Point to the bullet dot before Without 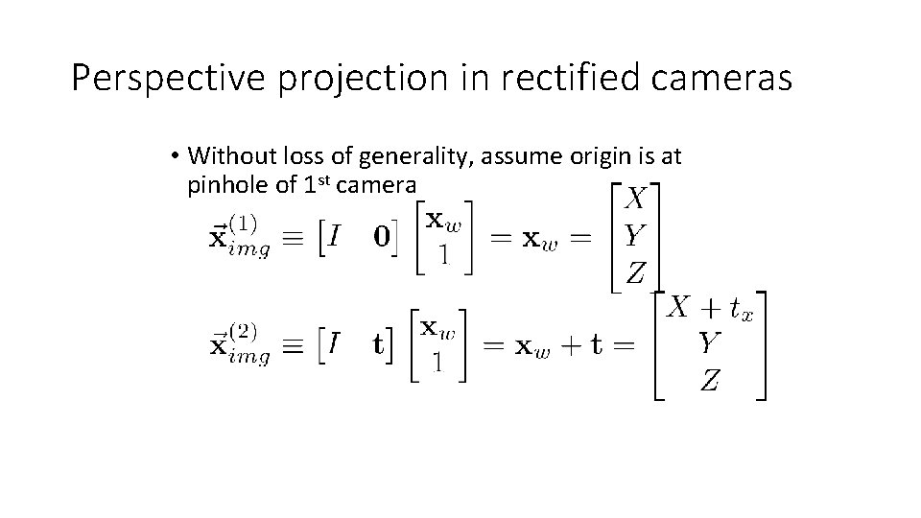click(x=177, y=155)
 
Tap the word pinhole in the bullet click(x=227, y=184)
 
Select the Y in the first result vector click(x=635, y=236)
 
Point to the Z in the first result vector click(x=636, y=273)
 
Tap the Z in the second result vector click(x=710, y=382)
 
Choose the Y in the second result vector click(x=710, y=343)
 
